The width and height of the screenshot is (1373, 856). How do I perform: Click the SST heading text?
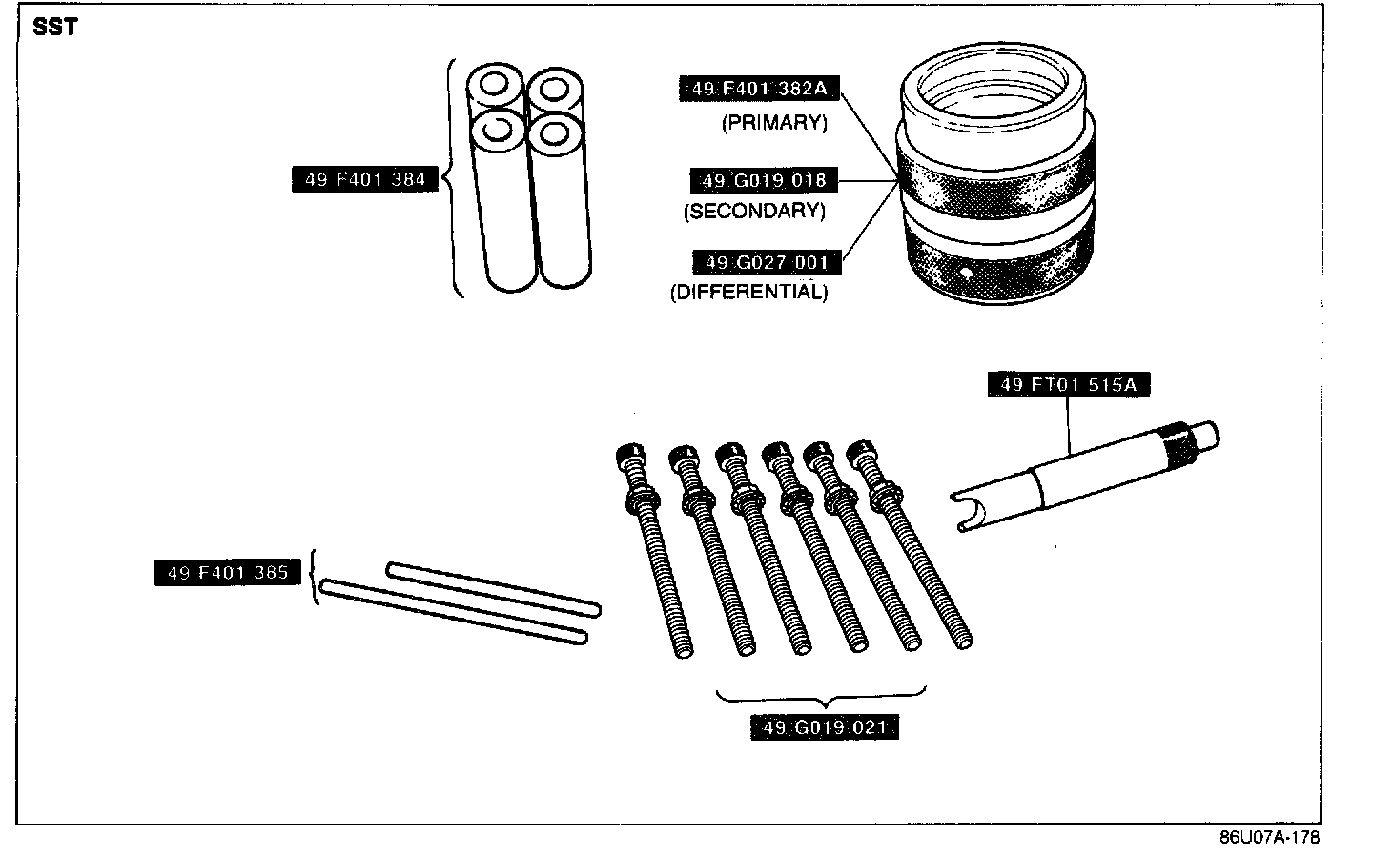tap(54, 27)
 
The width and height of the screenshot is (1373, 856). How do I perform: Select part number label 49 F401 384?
tap(365, 178)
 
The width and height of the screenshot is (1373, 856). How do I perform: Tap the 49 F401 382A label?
tap(759, 89)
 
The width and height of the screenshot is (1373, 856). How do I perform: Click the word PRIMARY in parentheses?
tap(773, 123)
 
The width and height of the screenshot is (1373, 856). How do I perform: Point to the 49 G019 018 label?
tap(764, 180)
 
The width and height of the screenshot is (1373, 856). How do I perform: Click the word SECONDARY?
tap(754, 211)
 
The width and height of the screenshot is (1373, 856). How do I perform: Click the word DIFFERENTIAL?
tap(748, 292)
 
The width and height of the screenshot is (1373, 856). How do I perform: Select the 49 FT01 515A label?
tap(1069, 385)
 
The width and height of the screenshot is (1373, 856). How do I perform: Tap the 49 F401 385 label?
tap(227, 573)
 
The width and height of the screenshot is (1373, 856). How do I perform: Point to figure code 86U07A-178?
tap(1268, 838)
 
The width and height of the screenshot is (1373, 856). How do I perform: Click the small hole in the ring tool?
tap(967, 274)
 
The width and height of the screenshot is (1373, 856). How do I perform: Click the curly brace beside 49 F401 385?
tap(315, 577)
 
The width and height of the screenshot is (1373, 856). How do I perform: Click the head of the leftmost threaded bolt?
tap(627, 455)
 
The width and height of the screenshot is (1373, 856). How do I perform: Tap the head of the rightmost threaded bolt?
tap(865, 449)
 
